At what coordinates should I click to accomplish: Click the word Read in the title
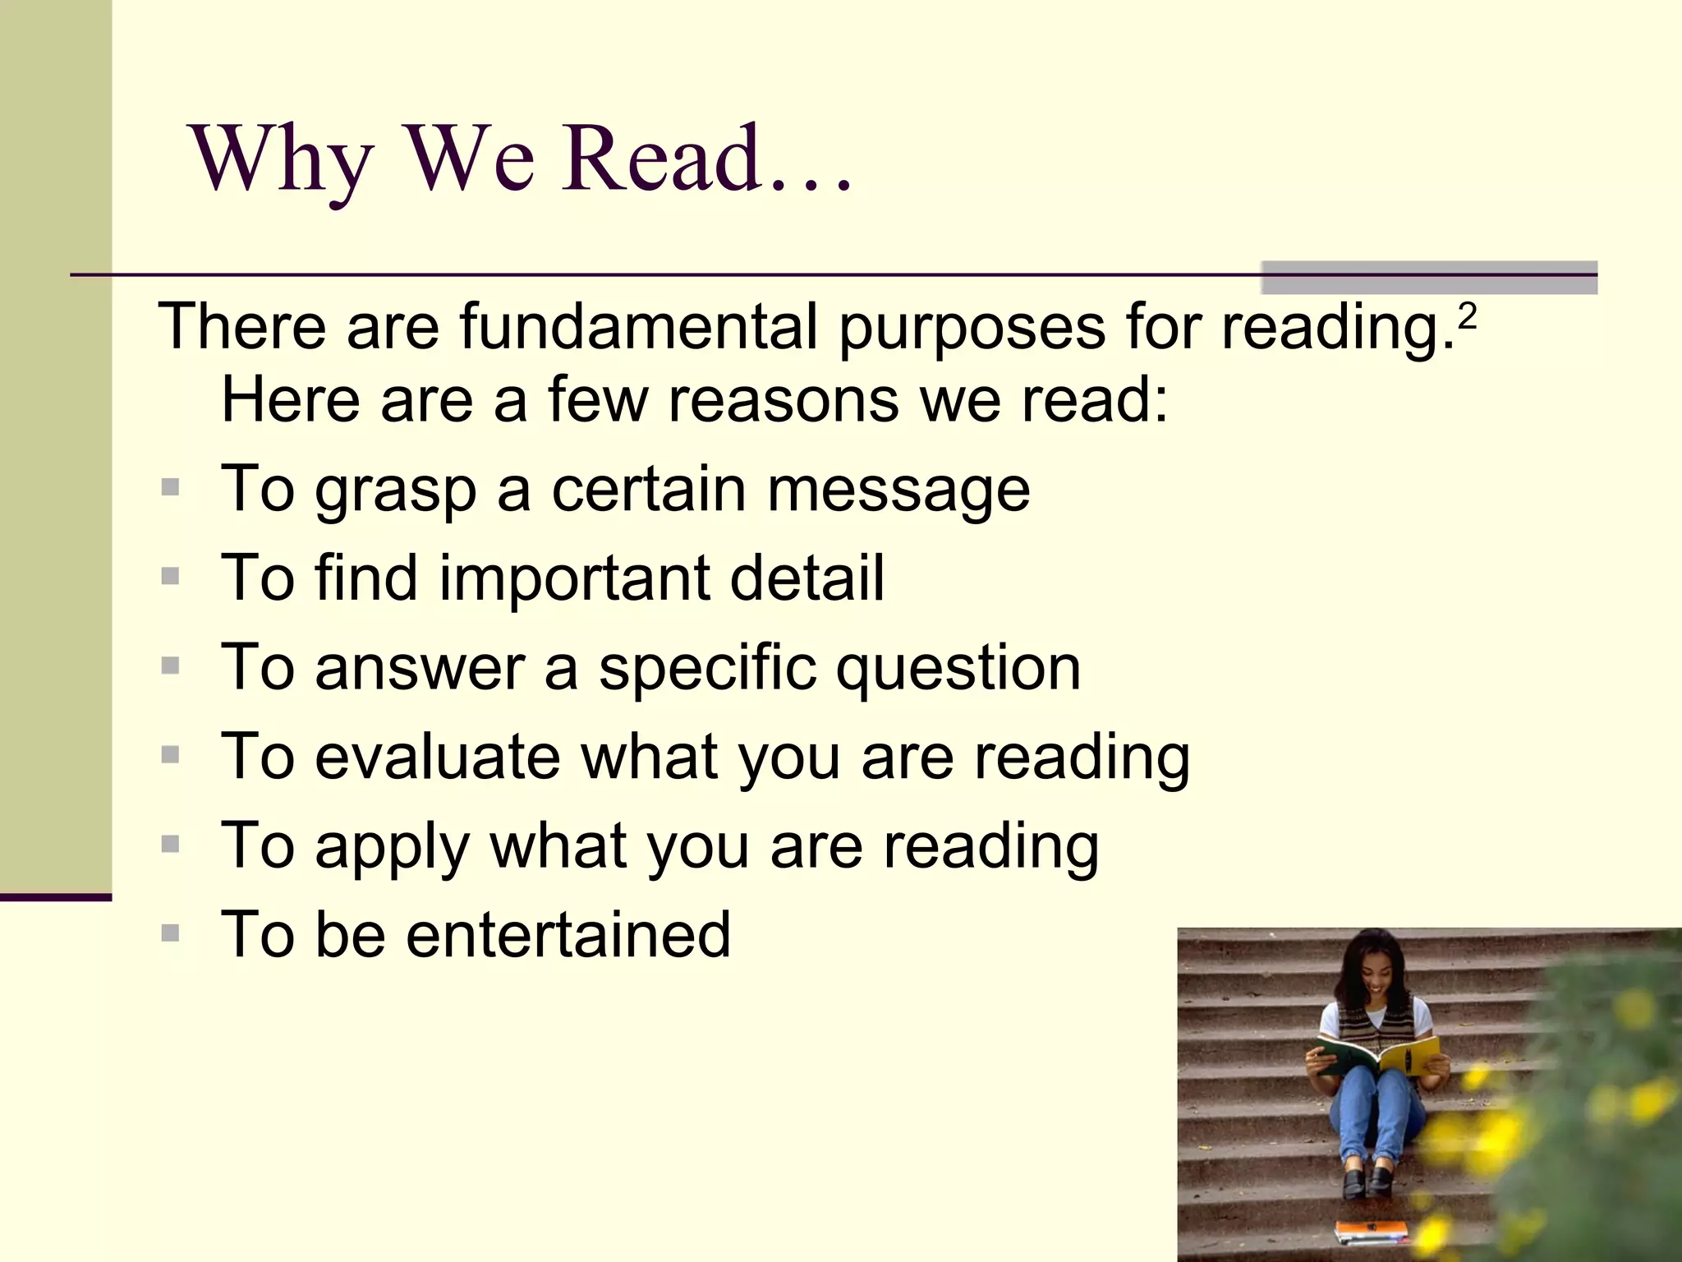point(659,158)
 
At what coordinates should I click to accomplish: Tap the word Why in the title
point(282,160)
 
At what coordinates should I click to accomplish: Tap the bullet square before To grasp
point(171,488)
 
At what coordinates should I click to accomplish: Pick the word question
point(958,669)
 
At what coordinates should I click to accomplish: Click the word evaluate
point(438,757)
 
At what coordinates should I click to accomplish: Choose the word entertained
point(568,935)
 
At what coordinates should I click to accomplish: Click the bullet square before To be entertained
point(171,933)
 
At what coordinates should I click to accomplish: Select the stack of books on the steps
point(1371,1231)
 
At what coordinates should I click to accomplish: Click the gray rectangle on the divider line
point(1428,278)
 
